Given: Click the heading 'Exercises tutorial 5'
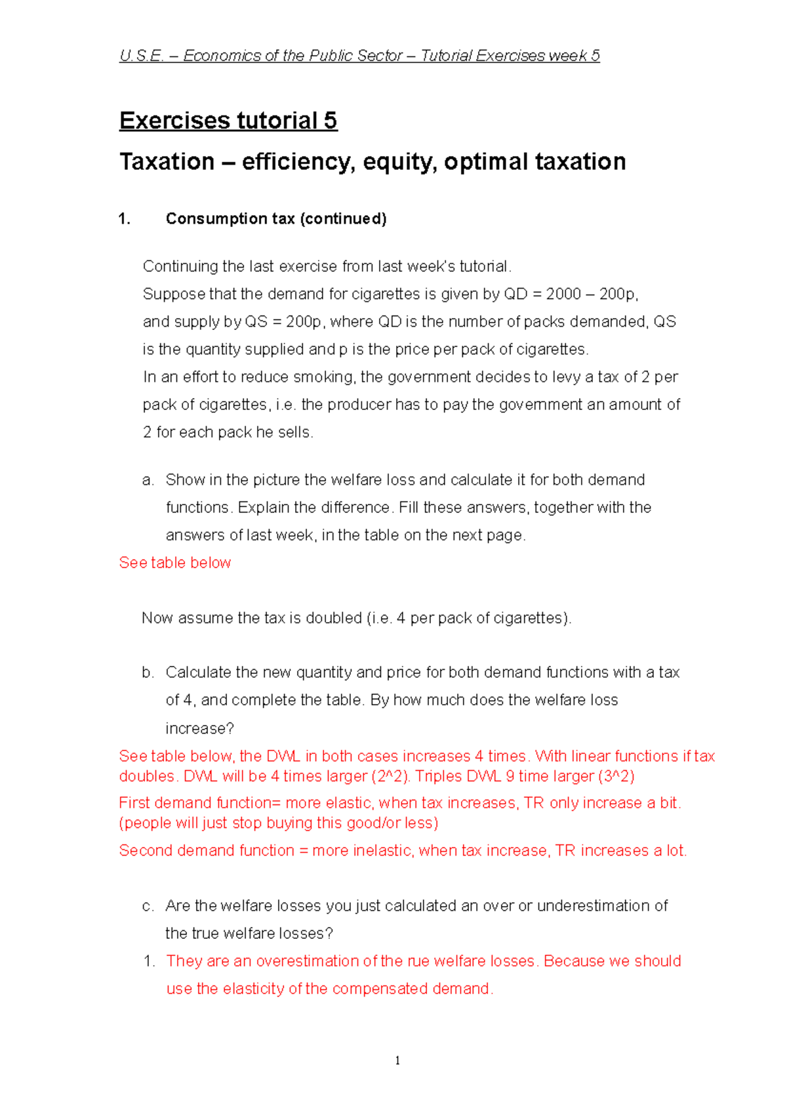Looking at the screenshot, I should pos(228,121).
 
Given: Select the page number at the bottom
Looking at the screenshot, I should pos(397,1061).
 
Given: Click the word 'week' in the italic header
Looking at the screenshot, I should pos(567,56).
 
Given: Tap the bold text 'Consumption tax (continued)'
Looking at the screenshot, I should pos(276,218).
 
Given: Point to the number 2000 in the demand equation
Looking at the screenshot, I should pos(563,294).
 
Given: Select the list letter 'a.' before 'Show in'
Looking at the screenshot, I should pos(148,480).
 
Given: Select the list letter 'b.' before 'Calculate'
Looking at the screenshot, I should pos(148,672).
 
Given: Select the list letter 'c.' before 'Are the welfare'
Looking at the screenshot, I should pos(148,906).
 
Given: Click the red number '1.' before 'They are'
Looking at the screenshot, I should pos(149,961).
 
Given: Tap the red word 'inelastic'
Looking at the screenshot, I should pos(382,850).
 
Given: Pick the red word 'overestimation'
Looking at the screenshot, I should pos(307,961).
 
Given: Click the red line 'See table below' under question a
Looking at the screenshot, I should pos(175,563).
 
